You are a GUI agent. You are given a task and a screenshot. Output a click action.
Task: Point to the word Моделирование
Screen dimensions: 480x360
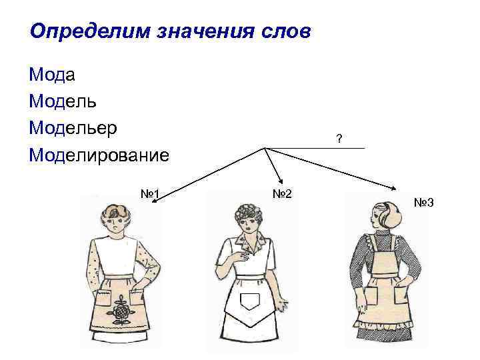pyautogui.click(x=99, y=155)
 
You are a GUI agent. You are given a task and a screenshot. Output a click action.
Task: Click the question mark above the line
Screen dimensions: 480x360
pyautogui.click(x=339, y=139)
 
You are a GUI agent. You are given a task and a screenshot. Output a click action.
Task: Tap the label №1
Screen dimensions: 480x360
pyautogui.click(x=149, y=194)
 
